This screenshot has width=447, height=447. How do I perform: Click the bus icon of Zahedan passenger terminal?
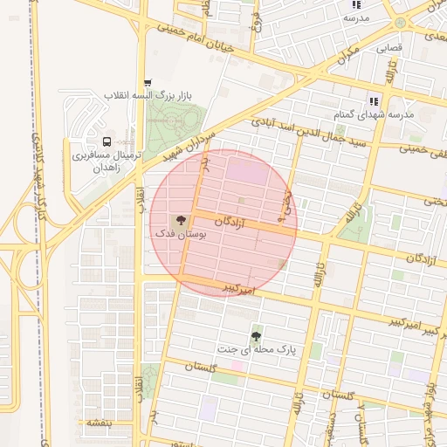click(x=107, y=141)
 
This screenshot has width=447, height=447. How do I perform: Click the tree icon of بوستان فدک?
click(x=180, y=220)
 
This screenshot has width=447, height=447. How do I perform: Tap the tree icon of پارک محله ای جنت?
click(x=256, y=336)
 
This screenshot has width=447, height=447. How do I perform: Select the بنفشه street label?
click(x=98, y=423)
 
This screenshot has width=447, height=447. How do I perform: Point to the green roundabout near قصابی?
click(x=400, y=23)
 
